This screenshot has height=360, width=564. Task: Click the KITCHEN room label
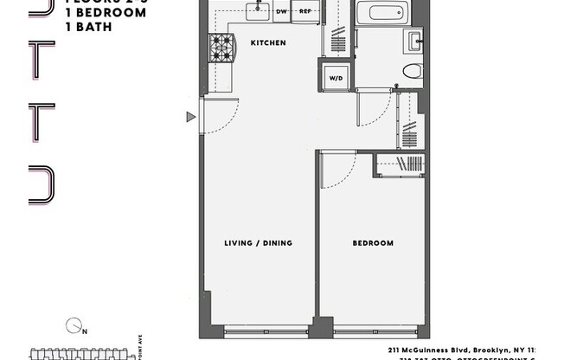pos(267,42)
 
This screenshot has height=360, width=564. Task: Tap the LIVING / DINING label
pos(259,243)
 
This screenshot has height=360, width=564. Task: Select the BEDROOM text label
pos(372,243)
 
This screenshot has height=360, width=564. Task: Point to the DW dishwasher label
pos(281,12)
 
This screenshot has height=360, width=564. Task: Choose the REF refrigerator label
pos(304,12)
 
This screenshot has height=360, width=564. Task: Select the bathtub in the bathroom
pos(382,12)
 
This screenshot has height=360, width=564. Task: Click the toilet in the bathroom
pos(412,71)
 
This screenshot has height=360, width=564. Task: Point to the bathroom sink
pos(414,39)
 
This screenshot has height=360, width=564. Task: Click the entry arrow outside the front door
pos(191,117)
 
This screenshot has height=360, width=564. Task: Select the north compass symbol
pos(74,326)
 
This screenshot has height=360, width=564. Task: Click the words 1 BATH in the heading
pos(87,27)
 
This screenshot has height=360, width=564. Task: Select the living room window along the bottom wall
pos(266,330)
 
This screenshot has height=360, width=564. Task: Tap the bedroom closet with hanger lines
pos(400,164)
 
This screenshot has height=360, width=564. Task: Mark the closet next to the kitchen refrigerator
pos(336,30)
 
